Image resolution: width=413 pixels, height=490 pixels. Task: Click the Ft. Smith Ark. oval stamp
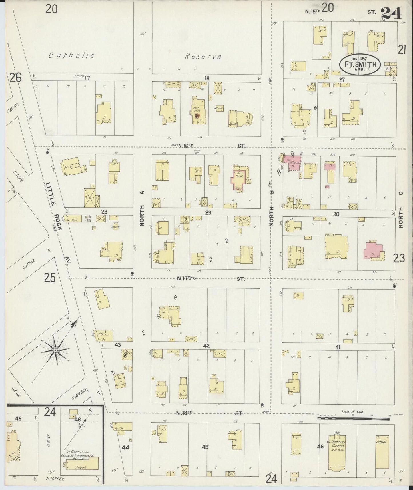point(360,64)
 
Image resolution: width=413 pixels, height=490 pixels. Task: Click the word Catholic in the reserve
point(71,55)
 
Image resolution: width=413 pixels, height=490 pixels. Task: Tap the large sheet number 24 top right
point(391,13)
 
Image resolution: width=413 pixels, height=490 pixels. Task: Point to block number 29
point(208,212)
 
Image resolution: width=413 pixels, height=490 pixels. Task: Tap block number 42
point(206,346)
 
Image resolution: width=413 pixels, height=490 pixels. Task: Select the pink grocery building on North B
point(294,163)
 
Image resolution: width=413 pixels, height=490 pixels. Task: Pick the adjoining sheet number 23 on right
point(399,258)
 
